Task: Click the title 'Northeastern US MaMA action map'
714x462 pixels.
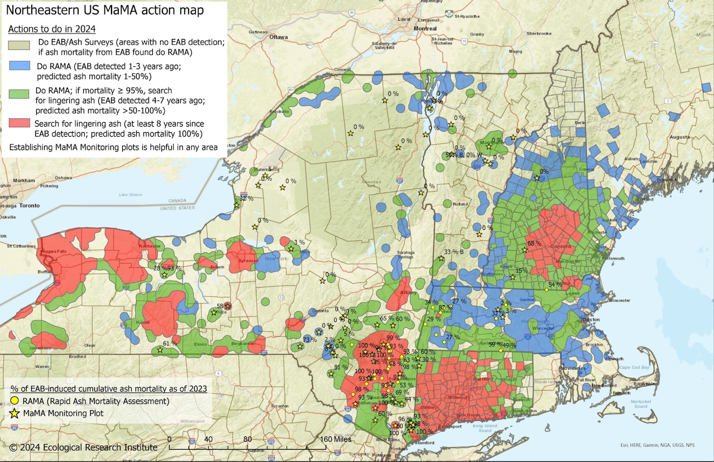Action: click(104, 11)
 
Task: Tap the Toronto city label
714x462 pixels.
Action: click(27, 205)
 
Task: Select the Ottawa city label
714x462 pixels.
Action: click(278, 37)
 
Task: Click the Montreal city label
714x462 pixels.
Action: click(425, 28)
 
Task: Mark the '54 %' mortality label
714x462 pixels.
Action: click(555, 285)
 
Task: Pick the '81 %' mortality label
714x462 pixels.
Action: click(340, 367)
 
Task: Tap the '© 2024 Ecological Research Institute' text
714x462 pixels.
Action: click(84, 447)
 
